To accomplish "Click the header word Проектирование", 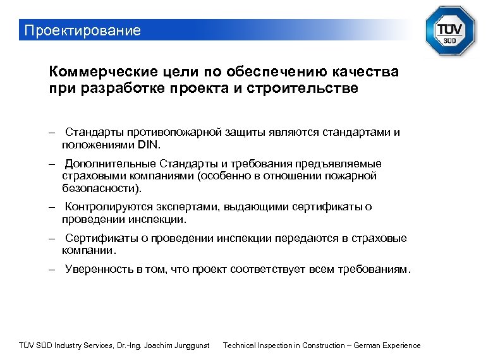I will point(82,30).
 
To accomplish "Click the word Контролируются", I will point(110,207).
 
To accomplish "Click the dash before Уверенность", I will point(54,270).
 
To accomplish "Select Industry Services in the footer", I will point(84,345).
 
